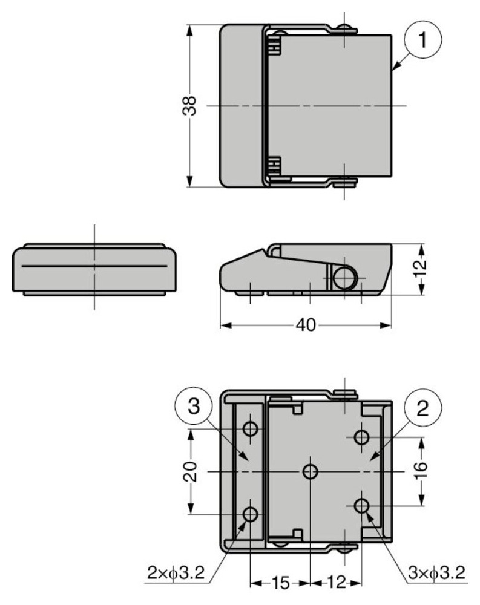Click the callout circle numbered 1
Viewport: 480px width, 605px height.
(422, 40)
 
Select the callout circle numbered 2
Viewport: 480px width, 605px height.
(422, 408)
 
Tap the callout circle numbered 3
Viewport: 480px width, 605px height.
(194, 407)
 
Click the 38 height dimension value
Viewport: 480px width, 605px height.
(189, 106)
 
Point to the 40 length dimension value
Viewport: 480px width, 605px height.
(306, 325)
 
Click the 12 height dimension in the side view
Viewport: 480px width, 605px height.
(421, 265)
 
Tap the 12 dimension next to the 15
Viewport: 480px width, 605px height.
(337, 583)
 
